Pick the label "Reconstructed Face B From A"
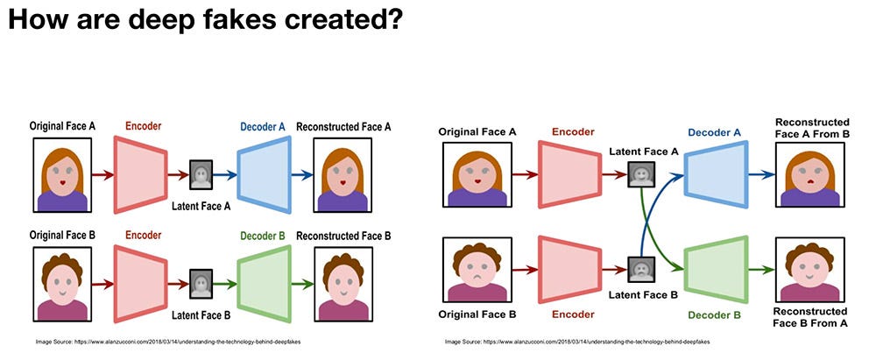(812, 316)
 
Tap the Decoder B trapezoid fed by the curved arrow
(717, 265)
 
